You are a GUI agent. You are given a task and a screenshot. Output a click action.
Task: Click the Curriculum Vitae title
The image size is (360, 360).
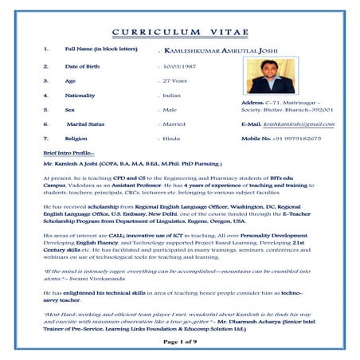pos(180,32)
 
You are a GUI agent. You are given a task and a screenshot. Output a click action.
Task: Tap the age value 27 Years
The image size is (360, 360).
pos(176,80)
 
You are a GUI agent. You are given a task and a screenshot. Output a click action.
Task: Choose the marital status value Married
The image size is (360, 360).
pos(174,124)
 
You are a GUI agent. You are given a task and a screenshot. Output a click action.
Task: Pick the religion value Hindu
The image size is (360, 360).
pos(171,139)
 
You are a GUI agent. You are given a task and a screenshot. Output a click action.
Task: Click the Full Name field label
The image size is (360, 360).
pos(100,49)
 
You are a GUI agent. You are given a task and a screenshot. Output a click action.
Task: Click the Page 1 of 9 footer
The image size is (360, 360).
pos(180,341)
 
